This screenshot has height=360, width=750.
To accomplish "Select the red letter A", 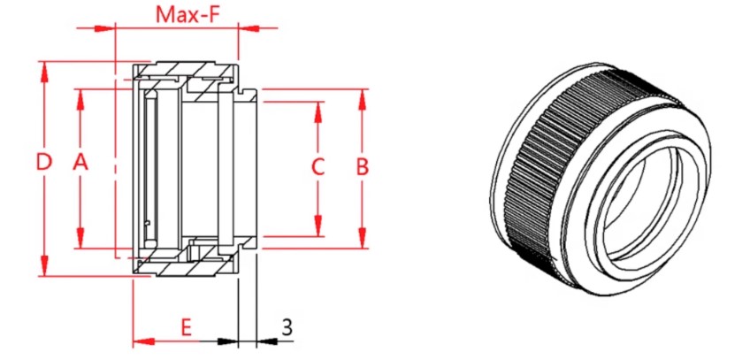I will (80, 163).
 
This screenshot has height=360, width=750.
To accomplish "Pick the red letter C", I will (318, 166).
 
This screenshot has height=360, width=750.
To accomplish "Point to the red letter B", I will (362, 166).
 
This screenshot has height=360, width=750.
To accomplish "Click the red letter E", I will (186, 326).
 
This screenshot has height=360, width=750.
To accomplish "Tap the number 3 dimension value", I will (287, 326).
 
